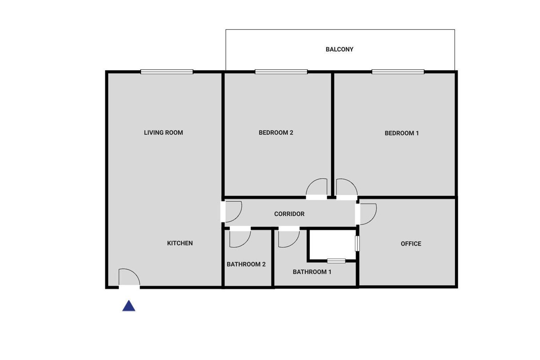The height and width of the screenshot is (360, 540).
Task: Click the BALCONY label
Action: tap(339, 49)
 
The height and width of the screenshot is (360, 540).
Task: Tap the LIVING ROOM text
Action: tap(163, 133)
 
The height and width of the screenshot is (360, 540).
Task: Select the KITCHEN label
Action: tap(180, 243)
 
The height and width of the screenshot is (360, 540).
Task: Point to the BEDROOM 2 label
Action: tap(276, 133)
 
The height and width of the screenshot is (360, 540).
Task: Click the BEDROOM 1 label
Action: tap(401, 133)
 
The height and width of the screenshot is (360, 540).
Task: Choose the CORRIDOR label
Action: tap(289, 214)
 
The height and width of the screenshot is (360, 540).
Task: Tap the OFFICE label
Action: tap(411, 244)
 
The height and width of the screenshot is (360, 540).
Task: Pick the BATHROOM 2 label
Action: tap(246, 264)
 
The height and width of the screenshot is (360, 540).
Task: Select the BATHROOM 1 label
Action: tap(312, 272)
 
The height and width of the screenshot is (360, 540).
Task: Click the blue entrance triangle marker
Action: tap(129, 306)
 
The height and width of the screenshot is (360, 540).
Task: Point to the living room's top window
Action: tap(167, 72)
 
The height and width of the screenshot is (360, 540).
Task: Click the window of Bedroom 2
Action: tap(281, 72)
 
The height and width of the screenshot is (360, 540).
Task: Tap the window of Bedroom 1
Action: tap(398, 72)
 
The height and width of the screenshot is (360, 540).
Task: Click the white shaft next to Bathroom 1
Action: tap(333, 245)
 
